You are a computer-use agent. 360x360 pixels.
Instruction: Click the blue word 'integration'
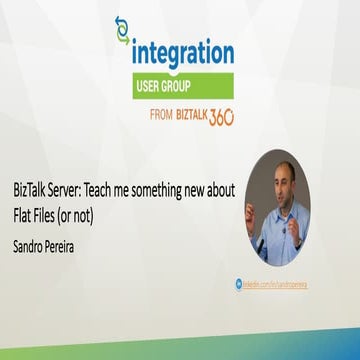(182, 53)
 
